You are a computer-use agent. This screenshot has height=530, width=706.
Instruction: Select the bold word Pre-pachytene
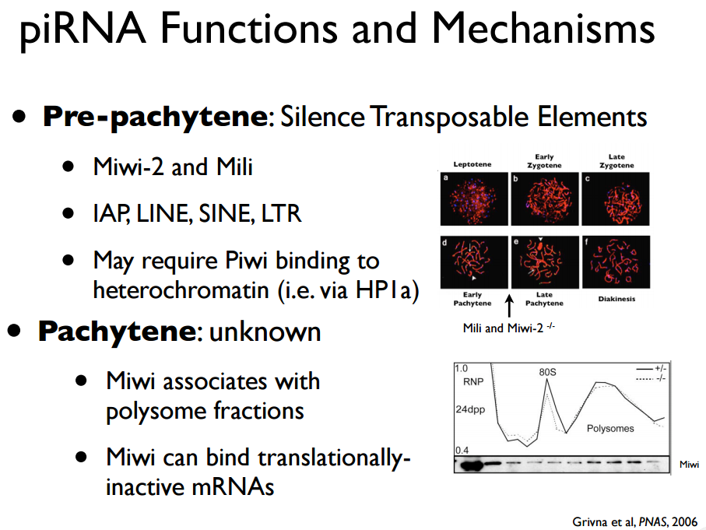click(154, 118)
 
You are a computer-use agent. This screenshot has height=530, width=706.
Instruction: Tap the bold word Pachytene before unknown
click(115, 332)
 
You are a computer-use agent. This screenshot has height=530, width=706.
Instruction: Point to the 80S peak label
click(548, 372)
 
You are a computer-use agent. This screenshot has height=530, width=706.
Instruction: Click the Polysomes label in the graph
click(609, 428)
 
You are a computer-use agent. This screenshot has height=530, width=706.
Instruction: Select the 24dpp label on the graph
click(470, 409)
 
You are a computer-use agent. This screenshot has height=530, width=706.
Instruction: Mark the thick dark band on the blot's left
click(469, 465)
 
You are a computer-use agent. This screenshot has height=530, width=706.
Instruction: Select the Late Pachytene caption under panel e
click(544, 299)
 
